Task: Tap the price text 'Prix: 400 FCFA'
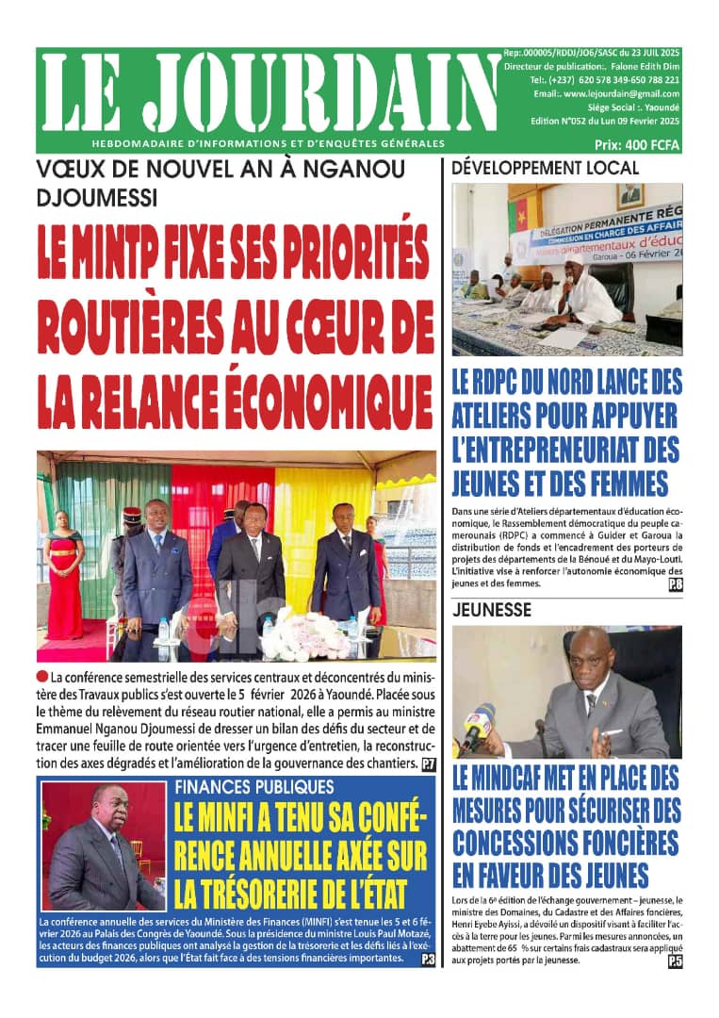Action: [637, 145]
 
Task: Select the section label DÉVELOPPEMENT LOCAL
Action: [546, 169]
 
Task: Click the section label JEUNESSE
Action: [491, 610]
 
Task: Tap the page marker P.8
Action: [675, 584]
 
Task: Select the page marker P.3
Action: [428, 959]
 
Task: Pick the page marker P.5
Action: [675, 961]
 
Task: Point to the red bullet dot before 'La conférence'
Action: [42, 677]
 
